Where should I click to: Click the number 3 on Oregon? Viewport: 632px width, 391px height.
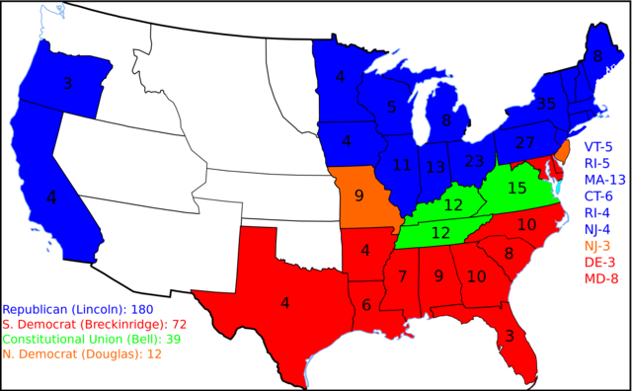tap(67, 83)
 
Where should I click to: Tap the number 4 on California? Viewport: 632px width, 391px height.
tap(51, 197)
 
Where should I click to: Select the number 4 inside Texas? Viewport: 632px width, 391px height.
tap(285, 303)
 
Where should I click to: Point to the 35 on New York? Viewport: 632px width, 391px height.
tap(546, 104)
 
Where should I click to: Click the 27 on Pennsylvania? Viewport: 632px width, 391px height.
tap(525, 143)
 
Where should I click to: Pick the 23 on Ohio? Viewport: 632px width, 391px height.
tap(474, 161)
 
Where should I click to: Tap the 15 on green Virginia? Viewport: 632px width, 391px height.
tap(517, 188)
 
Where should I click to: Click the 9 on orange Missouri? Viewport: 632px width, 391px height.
tap(358, 195)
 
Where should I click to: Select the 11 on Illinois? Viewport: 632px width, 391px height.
tap(402, 166)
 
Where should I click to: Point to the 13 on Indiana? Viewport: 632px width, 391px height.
tap(435, 167)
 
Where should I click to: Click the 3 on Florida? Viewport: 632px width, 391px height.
tap(510, 336)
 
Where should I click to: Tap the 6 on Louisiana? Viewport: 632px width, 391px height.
tap(365, 305)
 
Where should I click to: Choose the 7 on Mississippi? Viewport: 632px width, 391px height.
tap(402, 276)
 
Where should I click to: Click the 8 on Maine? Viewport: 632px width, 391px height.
tap(597, 57)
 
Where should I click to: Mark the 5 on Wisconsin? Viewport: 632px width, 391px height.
tap(392, 107)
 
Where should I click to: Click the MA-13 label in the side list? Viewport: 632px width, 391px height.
tap(604, 180)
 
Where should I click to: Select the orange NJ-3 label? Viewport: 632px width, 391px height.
tap(597, 245)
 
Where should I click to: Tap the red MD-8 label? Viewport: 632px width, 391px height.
tap(599, 277)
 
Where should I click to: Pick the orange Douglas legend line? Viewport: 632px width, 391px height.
tap(82, 354)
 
